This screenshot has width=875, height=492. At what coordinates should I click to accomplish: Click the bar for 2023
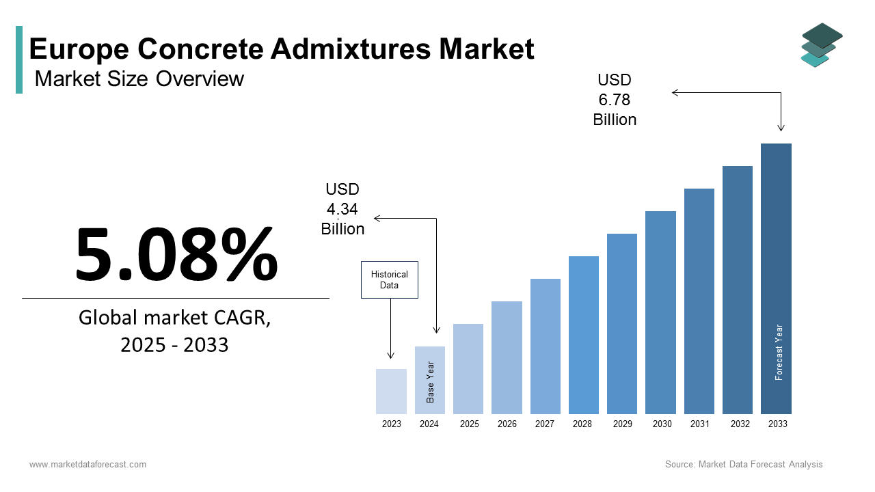(x=391, y=392)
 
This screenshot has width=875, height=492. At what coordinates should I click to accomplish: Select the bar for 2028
(x=583, y=335)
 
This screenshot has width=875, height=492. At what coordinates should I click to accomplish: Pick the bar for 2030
(x=660, y=312)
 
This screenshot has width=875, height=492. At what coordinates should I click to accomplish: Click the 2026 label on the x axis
(x=507, y=424)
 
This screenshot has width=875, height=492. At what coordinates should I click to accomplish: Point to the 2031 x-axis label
(x=699, y=424)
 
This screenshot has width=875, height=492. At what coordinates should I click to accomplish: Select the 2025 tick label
(x=469, y=424)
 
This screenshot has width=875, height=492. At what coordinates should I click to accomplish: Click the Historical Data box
(x=389, y=279)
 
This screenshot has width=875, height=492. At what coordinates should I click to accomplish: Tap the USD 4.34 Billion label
(x=342, y=209)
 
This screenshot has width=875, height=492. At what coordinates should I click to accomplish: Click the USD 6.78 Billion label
(x=615, y=100)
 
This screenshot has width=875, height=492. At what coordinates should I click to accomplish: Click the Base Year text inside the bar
(x=431, y=382)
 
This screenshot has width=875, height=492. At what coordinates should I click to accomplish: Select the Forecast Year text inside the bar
(x=779, y=352)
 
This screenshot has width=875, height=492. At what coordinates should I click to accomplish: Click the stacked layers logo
(x=822, y=44)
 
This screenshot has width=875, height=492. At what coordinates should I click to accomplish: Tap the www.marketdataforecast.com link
(x=87, y=465)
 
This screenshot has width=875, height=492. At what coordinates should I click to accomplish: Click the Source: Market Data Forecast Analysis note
(x=744, y=465)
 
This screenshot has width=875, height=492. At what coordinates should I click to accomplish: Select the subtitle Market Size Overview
(x=139, y=79)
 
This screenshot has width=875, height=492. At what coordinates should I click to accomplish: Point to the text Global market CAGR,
(x=174, y=318)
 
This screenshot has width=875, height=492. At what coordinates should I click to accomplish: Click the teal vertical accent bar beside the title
(x=19, y=59)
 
